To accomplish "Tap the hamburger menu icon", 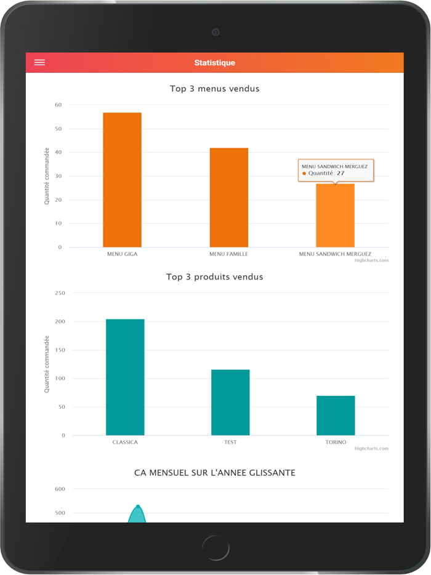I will (x=39, y=63).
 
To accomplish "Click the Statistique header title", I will (x=214, y=63).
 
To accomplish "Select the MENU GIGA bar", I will (x=122, y=180).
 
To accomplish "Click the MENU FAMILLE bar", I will (x=228, y=198).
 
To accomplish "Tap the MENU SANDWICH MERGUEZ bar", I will (x=335, y=215).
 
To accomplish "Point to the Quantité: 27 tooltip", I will (x=335, y=170).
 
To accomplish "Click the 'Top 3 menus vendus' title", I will (x=214, y=89).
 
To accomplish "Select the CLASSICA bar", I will (x=125, y=377).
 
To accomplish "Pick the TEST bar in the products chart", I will (x=230, y=402).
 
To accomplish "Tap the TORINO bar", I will (x=336, y=416).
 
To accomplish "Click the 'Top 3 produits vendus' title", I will (x=214, y=277).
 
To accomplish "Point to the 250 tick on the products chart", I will (x=60, y=293).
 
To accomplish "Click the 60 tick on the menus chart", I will (x=58, y=105).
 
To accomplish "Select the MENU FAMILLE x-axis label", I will (x=228, y=254).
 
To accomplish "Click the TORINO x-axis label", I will (x=336, y=442).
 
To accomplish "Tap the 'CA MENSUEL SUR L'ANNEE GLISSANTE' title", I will (x=214, y=473).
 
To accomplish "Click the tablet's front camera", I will (x=216, y=32).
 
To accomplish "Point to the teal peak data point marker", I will (x=138, y=507).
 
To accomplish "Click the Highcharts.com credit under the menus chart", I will (x=371, y=260).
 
